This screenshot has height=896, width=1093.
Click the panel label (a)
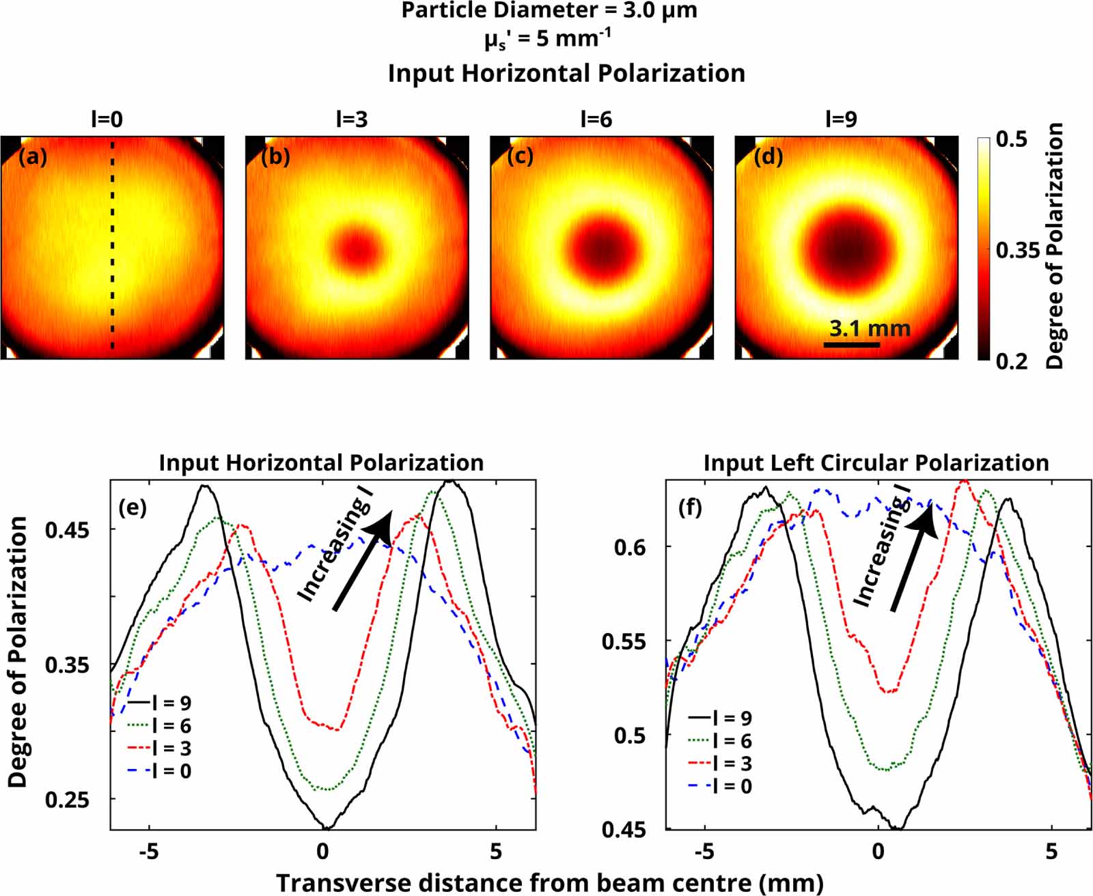click(x=33, y=157)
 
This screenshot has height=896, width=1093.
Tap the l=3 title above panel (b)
click(x=352, y=120)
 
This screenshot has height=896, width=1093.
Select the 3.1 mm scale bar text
click(x=869, y=328)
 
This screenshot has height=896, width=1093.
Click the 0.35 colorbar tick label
click(x=1019, y=251)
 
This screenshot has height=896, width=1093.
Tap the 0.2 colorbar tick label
click(x=1011, y=361)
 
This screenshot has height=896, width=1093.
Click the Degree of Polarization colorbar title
click(x=1055, y=246)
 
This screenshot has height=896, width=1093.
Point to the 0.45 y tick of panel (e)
click(x=68, y=530)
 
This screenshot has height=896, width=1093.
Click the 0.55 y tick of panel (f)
click(x=624, y=642)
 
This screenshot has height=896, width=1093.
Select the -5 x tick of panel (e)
click(x=148, y=851)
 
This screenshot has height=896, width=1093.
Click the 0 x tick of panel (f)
click(x=878, y=851)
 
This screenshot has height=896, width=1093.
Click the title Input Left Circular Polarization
click(x=876, y=462)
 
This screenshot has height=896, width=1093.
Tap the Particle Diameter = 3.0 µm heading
click(x=549, y=11)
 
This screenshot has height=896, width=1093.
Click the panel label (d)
click(x=768, y=157)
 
